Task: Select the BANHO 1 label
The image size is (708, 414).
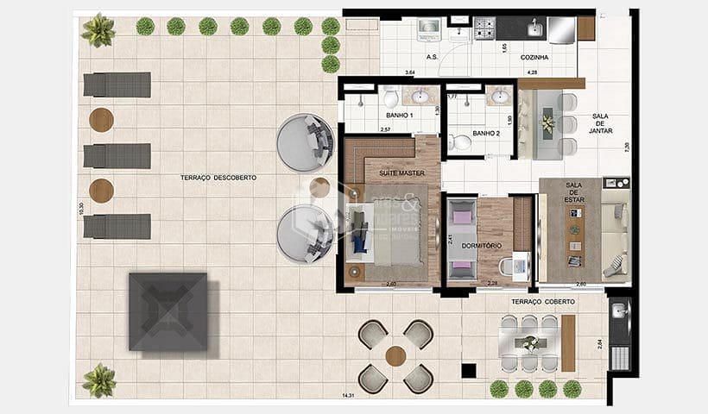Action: (x=399, y=115)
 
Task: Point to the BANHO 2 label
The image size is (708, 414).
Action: (x=486, y=134)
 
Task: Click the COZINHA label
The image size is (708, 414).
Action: (x=534, y=58)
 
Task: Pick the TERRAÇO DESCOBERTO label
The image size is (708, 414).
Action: (x=218, y=178)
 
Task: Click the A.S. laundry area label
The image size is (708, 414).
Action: (x=433, y=58)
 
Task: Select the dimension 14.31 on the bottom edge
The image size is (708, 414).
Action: (x=349, y=395)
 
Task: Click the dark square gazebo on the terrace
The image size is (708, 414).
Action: (x=168, y=311)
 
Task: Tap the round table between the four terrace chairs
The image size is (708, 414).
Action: (x=396, y=355)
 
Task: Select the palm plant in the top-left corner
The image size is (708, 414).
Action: (x=98, y=30)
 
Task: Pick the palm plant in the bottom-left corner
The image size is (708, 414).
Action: (x=99, y=379)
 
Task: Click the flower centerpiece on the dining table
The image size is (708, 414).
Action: (x=547, y=123)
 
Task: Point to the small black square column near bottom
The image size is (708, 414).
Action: (x=468, y=371)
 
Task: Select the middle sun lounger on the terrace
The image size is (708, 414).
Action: (x=117, y=156)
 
